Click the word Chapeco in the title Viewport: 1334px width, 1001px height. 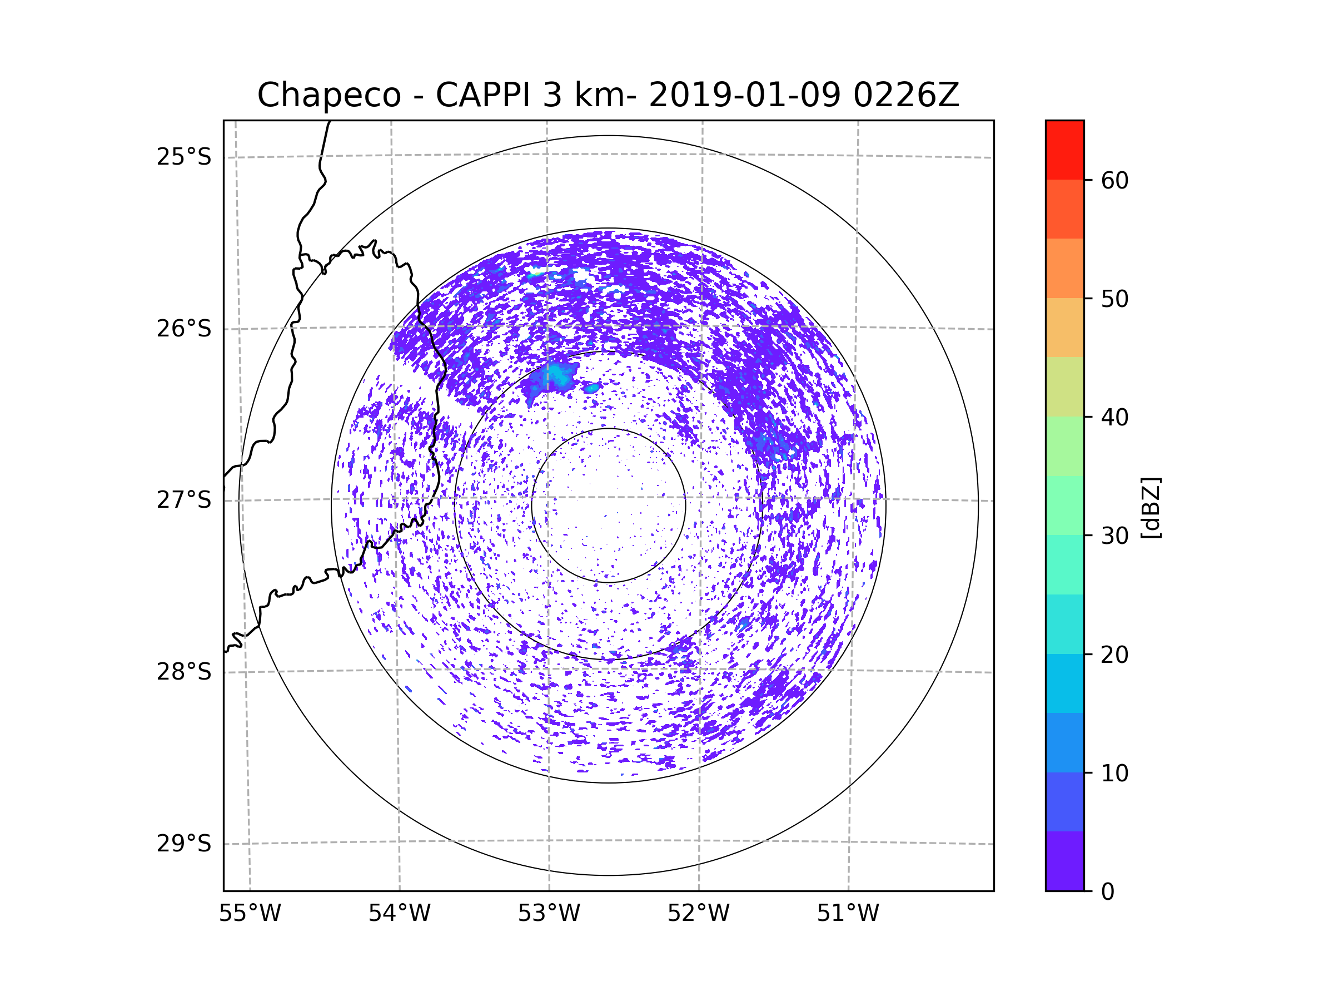click(328, 95)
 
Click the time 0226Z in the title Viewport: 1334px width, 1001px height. click(906, 95)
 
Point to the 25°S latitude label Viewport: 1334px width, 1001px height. click(184, 157)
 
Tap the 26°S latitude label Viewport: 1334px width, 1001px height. click(184, 329)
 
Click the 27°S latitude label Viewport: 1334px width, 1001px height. click(184, 500)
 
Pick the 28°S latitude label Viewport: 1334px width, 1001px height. click(184, 672)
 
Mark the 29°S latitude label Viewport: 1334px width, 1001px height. click(184, 844)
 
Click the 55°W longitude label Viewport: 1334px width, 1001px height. click(250, 914)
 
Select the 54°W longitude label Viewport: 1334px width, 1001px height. click(399, 914)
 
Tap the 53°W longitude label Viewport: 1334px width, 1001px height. click(549, 914)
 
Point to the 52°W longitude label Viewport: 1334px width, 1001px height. click(698, 914)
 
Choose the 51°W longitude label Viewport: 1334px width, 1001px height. click(848, 914)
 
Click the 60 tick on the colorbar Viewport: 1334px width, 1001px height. click(1114, 180)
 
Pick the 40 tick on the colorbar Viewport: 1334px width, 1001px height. click(1114, 418)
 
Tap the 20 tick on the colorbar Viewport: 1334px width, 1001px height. click(1114, 655)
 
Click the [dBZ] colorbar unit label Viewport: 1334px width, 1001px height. click(1151, 507)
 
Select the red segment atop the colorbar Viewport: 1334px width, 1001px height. click(1064, 150)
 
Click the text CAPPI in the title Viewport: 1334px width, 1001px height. click(482, 95)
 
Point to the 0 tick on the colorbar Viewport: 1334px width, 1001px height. click(1108, 892)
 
